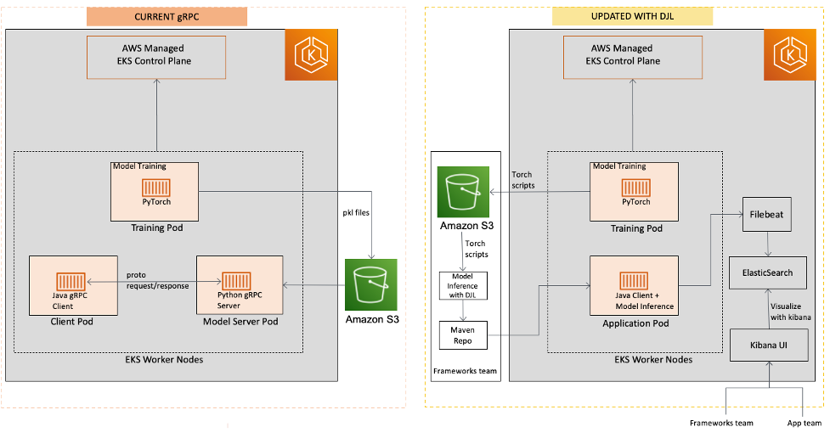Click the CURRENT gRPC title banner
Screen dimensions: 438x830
tap(167, 16)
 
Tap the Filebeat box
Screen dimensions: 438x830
tap(768, 216)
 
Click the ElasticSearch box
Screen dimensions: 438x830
tap(768, 272)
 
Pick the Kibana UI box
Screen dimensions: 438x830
tap(768, 345)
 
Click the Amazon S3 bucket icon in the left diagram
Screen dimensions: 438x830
tap(372, 284)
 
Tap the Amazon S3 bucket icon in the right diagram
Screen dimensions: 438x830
tap(462, 193)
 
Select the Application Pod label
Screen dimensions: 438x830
tap(635, 323)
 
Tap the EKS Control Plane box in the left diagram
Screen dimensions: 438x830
tap(156, 55)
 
